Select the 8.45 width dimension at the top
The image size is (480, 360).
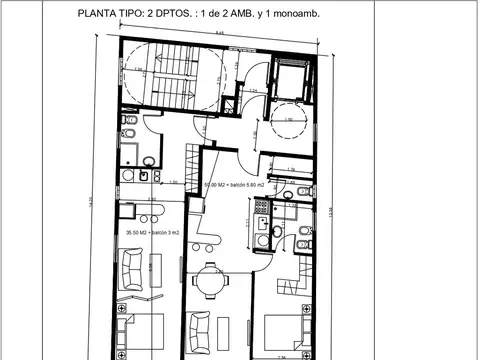pyautogui.click(x=218, y=34)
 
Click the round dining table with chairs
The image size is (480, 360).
pyautogui.click(x=208, y=281)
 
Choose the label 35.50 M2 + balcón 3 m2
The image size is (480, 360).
pyautogui.click(x=152, y=233)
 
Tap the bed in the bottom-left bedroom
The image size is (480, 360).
pyautogui.click(x=146, y=329)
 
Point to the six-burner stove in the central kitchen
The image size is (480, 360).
pyautogui.click(x=262, y=210)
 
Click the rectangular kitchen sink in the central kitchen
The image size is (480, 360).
pyautogui.click(x=262, y=226)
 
